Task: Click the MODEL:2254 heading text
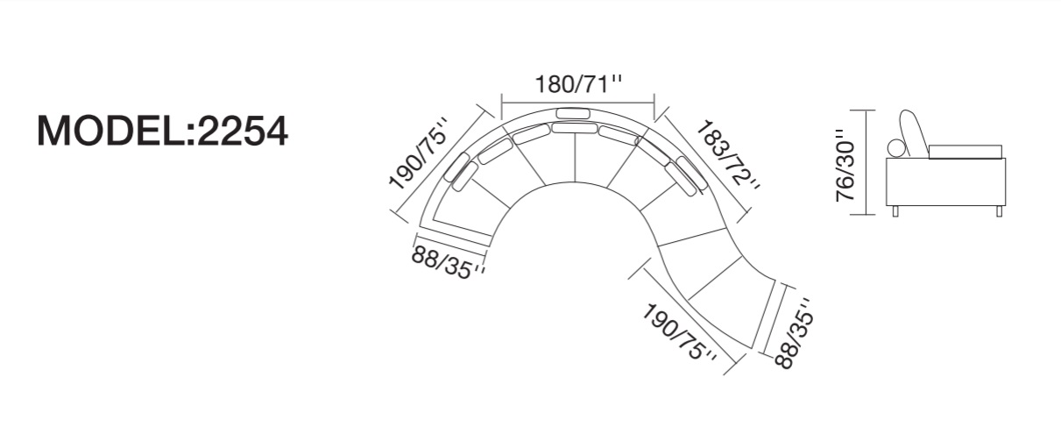coord(162,132)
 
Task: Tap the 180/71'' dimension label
coord(578,84)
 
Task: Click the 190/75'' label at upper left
coord(418,155)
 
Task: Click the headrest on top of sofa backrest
coord(573,113)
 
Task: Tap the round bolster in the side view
coord(897,147)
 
